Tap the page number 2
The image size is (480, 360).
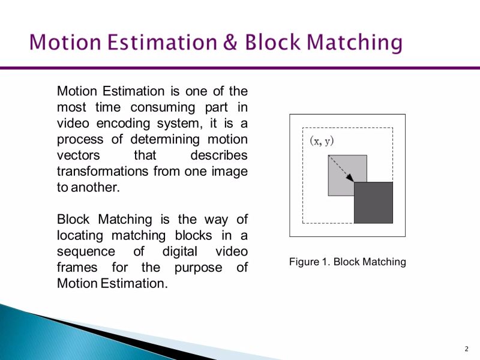466,349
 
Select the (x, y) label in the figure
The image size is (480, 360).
322,142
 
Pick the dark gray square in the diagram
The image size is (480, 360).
373,203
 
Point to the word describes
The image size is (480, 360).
218,155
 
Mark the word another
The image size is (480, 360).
96,187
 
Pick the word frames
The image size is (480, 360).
76,266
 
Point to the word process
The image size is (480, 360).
80,139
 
